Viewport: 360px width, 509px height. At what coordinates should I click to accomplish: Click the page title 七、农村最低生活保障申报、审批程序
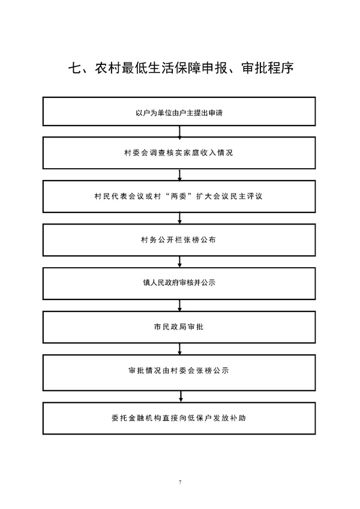coord(181,68)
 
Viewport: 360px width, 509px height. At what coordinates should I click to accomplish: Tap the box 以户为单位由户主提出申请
coord(179,112)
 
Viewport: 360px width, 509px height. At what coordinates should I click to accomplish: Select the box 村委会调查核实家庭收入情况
coord(179,153)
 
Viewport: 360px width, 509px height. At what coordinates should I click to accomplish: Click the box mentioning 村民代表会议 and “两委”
coord(179,196)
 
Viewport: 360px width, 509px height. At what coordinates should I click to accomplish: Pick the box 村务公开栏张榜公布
coord(179,240)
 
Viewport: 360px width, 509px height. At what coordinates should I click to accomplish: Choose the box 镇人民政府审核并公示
coord(179,283)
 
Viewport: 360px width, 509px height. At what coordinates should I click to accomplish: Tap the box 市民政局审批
coord(179,327)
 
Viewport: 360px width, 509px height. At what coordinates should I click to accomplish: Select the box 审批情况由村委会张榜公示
coord(179,373)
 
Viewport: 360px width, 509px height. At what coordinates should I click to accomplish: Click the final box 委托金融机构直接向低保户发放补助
coord(179,418)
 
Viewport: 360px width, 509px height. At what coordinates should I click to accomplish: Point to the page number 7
coord(180,482)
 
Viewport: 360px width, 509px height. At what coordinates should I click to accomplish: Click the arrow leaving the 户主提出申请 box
coord(180,131)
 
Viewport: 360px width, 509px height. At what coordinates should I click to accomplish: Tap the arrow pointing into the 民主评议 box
coord(180,175)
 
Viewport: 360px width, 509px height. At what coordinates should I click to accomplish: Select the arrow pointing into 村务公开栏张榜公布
coord(180,218)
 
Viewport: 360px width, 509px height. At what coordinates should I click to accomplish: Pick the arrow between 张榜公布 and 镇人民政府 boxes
coord(180,262)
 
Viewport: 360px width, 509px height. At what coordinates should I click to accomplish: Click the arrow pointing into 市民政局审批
coord(180,305)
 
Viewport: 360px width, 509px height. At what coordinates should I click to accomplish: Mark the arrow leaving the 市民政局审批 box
coord(180,349)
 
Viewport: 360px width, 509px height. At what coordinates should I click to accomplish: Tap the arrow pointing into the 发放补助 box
coord(181,396)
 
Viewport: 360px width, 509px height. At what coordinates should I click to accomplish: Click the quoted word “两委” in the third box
coord(179,196)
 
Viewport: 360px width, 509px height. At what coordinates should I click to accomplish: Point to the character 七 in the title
coord(74,68)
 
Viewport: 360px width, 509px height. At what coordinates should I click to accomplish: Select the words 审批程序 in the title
coord(268,68)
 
